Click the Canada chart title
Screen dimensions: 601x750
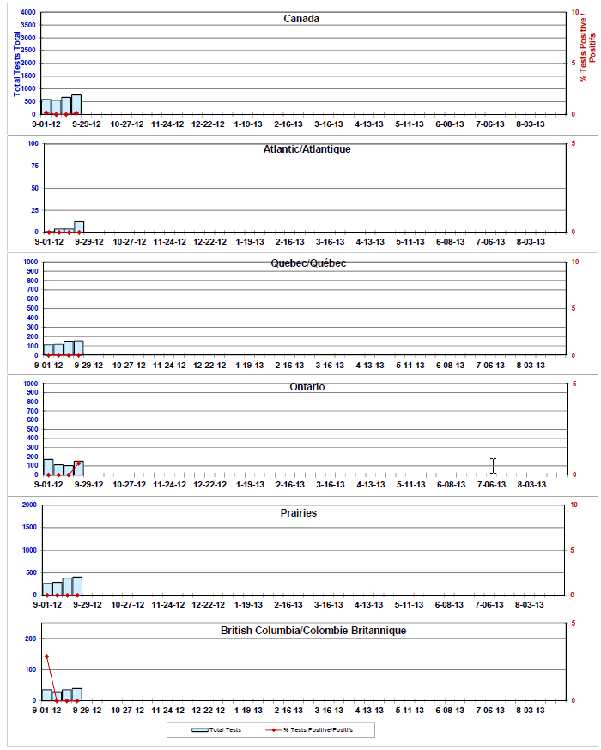point(301,19)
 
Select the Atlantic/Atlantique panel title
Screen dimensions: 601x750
point(307,149)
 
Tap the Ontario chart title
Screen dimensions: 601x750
point(307,387)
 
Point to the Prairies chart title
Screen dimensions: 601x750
point(299,513)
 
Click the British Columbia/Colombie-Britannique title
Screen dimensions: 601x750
point(313,631)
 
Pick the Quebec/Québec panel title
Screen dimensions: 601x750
point(308,263)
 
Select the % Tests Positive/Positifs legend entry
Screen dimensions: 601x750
point(309,730)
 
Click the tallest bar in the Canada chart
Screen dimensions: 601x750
point(76,105)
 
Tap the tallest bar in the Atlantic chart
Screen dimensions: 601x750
point(79,227)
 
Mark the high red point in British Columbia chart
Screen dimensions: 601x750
point(46,656)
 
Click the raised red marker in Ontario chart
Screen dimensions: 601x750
point(78,463)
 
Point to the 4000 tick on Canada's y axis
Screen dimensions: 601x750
point(27,12)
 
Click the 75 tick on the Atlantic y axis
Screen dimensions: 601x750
point(34,166)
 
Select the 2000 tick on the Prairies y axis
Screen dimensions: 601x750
point(29,505)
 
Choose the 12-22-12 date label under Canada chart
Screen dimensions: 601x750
point(208,124)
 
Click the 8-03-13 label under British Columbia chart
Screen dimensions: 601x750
point(531,711)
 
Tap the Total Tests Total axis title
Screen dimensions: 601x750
point(17,64)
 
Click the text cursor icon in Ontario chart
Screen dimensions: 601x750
point(493,466)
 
